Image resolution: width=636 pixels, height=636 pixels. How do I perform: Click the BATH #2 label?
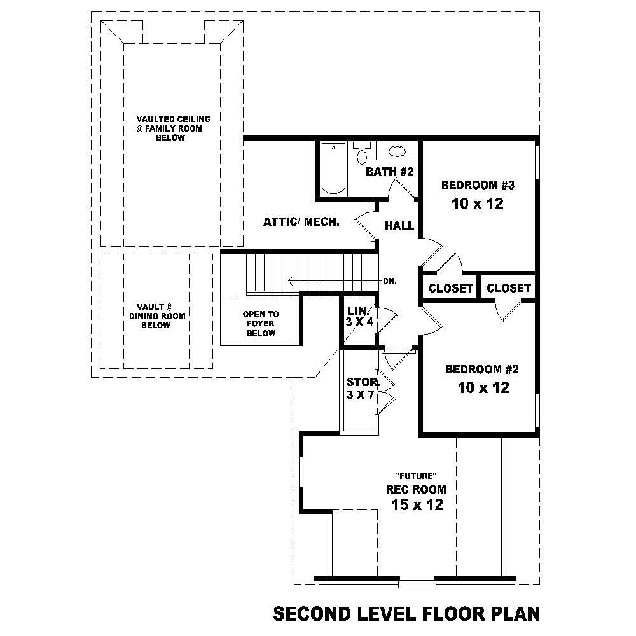click(x=390, y=172)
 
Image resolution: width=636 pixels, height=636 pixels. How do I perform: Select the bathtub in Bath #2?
click(x=333, y=169)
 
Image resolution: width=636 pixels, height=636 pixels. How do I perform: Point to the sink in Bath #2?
click(x=397, y=151)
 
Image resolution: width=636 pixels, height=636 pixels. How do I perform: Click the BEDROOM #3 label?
click(x=477, y=186)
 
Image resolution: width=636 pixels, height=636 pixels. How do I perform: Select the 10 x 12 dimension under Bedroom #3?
click(x=477, y=204)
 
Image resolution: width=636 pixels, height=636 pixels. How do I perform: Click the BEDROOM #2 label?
click(x=483, y=370)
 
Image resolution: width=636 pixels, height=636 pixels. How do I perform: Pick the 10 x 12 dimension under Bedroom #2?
click(x=483, y=387)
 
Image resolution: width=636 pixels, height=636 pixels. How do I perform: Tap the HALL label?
click(x=399, y=226)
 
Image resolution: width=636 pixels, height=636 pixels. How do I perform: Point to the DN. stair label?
click(x=390, y=281)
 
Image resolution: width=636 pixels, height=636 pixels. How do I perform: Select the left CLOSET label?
click(x=451, y=288)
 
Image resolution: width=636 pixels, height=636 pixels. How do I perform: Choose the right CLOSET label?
click(x=508, y=288)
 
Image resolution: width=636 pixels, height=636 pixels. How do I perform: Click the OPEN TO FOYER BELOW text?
click(x=261, y=324)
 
